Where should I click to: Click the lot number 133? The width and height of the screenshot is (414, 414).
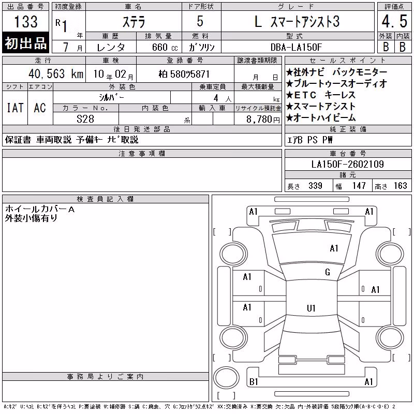26,21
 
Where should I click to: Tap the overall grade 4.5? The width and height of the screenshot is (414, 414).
394,21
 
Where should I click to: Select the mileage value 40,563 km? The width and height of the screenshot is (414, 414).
56,74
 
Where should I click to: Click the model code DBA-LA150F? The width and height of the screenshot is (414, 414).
296,47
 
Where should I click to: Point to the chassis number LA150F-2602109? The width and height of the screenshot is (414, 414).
347,164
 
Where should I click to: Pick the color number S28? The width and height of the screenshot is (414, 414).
85,119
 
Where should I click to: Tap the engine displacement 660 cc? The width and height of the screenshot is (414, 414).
165,47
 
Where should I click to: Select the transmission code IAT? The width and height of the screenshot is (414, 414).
15,108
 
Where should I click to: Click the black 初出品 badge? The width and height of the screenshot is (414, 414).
25,43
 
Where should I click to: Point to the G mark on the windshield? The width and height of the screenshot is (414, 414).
328,272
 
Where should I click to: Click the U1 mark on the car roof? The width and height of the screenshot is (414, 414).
311,308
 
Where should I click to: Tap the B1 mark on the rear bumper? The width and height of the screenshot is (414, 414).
254,382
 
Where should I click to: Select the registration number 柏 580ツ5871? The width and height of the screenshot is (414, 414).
184,74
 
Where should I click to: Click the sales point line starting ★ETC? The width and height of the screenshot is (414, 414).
321,95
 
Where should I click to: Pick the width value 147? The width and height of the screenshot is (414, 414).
359,186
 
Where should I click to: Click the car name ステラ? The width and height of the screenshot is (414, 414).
134,22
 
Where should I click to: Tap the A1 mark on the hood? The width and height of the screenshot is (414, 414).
334,248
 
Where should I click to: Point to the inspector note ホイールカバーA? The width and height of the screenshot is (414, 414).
40,209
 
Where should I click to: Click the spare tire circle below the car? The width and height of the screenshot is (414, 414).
226,378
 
